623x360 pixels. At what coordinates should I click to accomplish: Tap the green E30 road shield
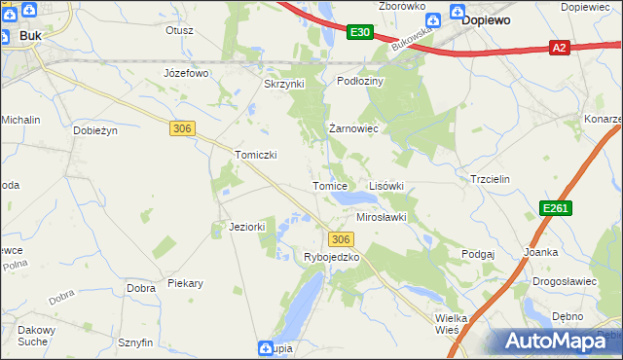pyautogui.click(x=359, y=33)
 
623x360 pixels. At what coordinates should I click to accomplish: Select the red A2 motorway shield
pyautogui.click(x=559, y=46)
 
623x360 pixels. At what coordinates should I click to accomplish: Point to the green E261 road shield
pyautogui.click(x=555, y=208)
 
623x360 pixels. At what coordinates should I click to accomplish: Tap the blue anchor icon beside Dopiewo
pyautogui.click(x=457, y=16)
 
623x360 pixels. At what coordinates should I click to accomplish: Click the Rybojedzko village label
pyautogui.click(x=332, y=257)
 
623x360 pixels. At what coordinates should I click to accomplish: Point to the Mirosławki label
pyautogui.click(x=381, y=217)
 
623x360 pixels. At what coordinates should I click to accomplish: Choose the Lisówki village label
pyautogui.click(x=385, y=185)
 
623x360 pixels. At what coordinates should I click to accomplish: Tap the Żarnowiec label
pyautogui.click(x=352, y=127)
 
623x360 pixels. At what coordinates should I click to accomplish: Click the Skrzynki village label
pyautogui.click(x=285, y=84)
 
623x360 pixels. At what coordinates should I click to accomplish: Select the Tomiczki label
pyautogui.click(x=258, y=155)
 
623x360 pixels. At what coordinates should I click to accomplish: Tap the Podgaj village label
pyautogui.click(x=479, y=253)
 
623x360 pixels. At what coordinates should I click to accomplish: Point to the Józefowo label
pyautogui.click(x=187, y=73)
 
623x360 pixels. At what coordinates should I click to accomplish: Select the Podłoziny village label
pyautogui.click(x=360, y=81)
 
